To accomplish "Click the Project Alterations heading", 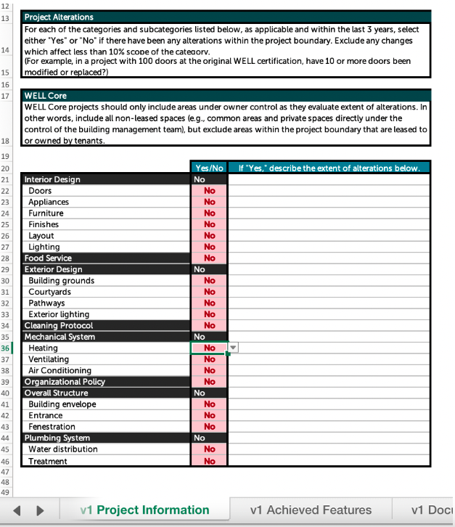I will pyautogui.click(x=59, y=17).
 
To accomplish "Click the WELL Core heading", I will pyautogui.click(x=46, y=95).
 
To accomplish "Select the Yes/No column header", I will pyautogui.click(x=209, y=168).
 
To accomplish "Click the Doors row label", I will pyautogui.click(x=41, y=191).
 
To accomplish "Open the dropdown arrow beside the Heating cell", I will pyautogui.click(x=233, y=348).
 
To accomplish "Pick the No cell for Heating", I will pyautogui.click(x=209, y=348).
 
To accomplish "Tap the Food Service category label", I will pyautogui.click(x=48, y=258).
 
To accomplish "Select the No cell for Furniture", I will pyautogui.click(x=209, y=213).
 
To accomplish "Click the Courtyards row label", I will pyautogui.click(x=50, y=292).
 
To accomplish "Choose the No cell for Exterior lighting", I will pyautogui.click(x=209, y=314).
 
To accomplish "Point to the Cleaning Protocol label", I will pyautogui.click(x=59, y=326).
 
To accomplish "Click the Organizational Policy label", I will pyautogui.click(x=65, y=382).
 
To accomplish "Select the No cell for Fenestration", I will pyautogui.click(x=209, y=427).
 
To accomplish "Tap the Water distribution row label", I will pyautogui.click(x=63, y=449).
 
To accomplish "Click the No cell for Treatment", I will pyautogui.click(x=209, y=461).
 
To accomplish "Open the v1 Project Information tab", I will pyautogui.click(x=144, y=510).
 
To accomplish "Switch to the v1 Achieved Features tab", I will pyautogui.click(x=311, y=510).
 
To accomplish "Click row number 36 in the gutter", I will pyautogui.click(x=6, y=348).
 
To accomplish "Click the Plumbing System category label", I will pyautogui.click(x=57, y=438).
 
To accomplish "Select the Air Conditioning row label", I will pyautogui.click(x=60, y=370).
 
